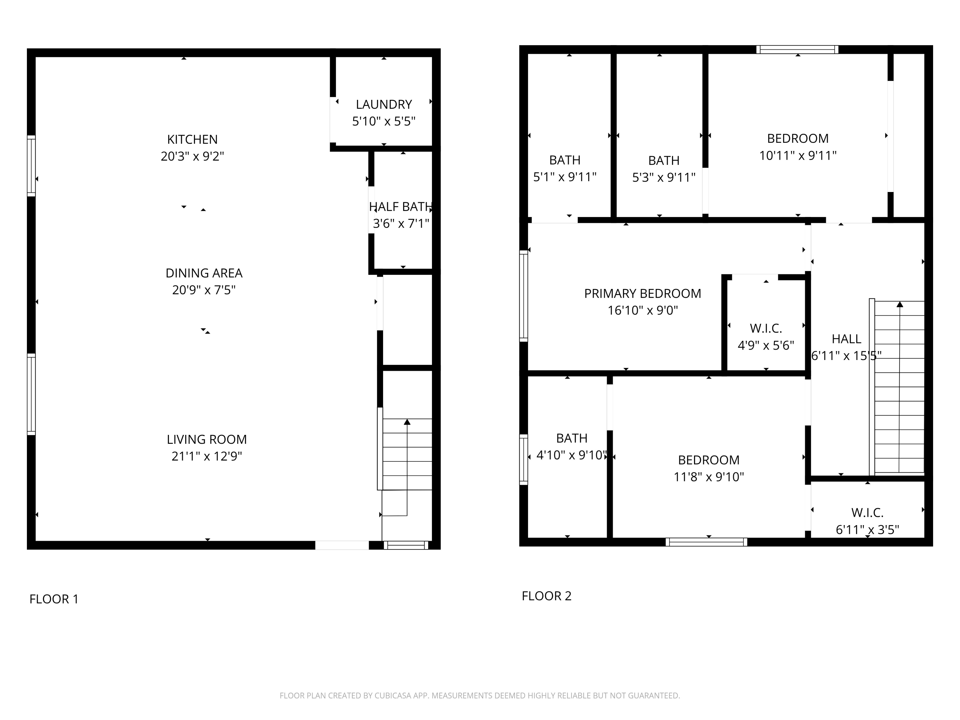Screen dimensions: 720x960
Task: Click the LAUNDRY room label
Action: tap(384, 105)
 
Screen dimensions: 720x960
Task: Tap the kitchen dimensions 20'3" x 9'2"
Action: tap(192, 156)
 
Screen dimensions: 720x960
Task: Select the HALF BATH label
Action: tap(401, 207)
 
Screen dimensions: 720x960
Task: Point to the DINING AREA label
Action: tap(204, 273)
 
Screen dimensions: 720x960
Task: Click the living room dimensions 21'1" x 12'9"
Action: tap(207, 456)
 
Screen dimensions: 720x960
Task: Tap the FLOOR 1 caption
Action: tap(54, 599)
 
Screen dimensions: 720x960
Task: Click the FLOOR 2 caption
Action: tap(547, 596)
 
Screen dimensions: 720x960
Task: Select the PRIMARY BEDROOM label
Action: tap(642, 294)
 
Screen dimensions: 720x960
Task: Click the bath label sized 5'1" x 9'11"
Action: tap(564, 160)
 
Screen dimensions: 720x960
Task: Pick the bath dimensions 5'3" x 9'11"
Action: tap(664, 178)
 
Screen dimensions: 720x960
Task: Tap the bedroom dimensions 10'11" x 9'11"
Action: tap(798, 156)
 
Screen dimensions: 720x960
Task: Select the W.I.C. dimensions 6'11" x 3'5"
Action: tap(867, 530)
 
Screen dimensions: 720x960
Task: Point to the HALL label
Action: tap(846, 339)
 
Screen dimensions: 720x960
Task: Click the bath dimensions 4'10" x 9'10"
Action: tap(571, 455)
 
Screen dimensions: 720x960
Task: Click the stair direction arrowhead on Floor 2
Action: tap(900, 304)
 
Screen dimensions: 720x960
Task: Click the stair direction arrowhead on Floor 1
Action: tap(407, 422)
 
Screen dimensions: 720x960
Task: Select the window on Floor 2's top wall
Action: tap(797, 50)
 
